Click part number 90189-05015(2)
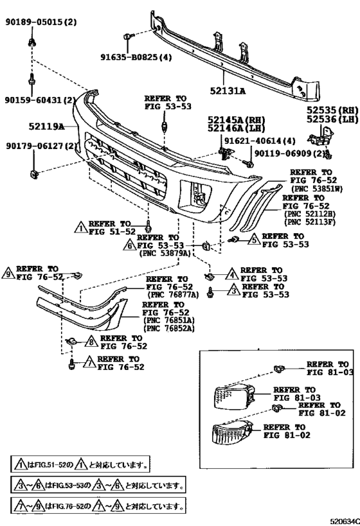[43, 21]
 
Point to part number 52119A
[45, 127]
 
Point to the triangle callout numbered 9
[8, 274]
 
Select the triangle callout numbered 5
[254, 240]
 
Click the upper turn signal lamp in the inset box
[231, 396]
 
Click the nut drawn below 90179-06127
[33, 171]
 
